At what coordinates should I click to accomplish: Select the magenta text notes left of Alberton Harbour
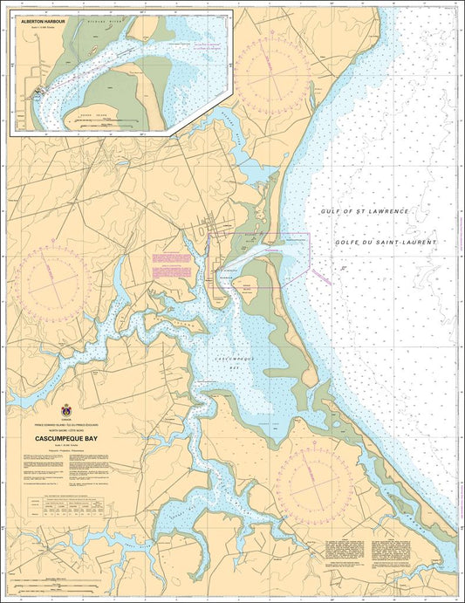pyautogui.click(x=171, y=265)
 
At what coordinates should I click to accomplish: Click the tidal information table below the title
pyautogui.click(x=66, y=506)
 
